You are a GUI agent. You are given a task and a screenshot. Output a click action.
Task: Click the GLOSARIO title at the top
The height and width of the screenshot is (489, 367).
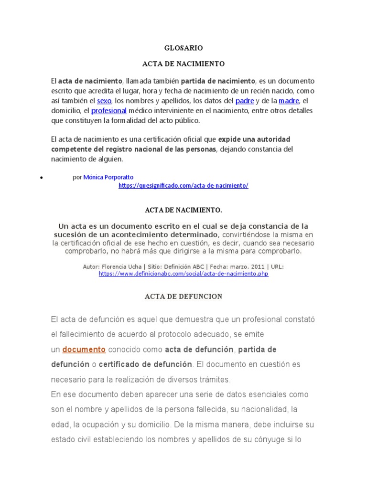coord(183,48)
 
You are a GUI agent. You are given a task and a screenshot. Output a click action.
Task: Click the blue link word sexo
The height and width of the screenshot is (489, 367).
coord(104,101)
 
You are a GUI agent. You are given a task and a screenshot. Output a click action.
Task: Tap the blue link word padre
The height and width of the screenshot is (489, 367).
coord(245,101)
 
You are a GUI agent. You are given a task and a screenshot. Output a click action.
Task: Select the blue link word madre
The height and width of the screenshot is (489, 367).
coord(289,101)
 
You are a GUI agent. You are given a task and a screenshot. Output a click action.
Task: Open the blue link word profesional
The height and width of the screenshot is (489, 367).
coord(108,111)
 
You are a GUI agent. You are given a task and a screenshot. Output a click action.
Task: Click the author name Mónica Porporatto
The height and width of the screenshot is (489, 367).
coord(108,177)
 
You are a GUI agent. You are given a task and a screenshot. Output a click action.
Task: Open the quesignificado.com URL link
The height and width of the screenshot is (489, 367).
coord(183,186)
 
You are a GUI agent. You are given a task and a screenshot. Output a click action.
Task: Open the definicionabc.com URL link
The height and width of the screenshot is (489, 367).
coord(183,274)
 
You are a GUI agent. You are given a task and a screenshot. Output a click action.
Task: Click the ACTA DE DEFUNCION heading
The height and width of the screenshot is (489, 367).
coord(183,297)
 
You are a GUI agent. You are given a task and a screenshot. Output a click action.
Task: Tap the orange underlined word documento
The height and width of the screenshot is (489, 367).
coord(84,350)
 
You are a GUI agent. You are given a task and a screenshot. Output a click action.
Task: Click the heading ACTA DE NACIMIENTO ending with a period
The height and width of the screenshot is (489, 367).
coord(183,210)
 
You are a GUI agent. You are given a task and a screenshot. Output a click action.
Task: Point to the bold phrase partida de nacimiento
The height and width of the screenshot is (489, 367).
coord(218,81)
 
